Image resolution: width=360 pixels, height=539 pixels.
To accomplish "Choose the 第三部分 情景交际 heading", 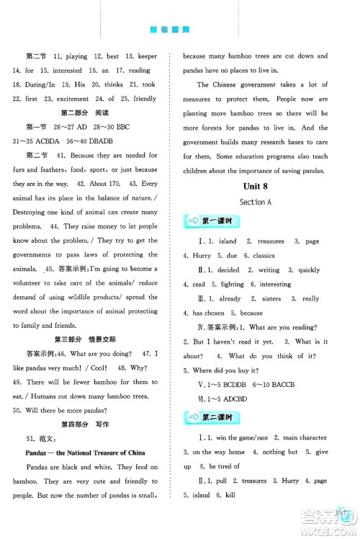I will pos(89,339).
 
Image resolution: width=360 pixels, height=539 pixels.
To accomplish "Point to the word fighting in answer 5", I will pos(238,284).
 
